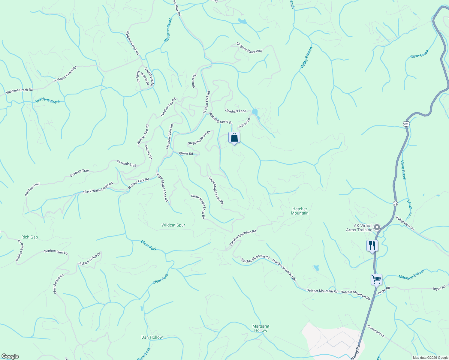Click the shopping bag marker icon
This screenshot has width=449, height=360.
pyautogui.click(x=234, y=138)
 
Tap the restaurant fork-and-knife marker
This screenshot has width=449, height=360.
pyautogui.click(x=372, y=246)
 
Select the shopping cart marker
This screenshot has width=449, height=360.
pyautogui.click(x=376, y=280)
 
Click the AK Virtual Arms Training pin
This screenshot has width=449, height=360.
pyautogui.click(x=378, y=227)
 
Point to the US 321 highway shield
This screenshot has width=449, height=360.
pyautogui.click(x=406, y=124)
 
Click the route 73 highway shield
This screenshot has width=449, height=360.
pyautogui.click(x=396, y=203)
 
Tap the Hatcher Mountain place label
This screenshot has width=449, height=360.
pyautogui.click(x=300, y=211)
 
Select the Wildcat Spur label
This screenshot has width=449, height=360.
pyautogui.click(x=173, y=225)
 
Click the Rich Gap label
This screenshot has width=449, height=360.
pyautogui.click(x=30, y=237)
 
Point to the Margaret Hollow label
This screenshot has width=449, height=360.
pyautogui.click(x=261, y=328)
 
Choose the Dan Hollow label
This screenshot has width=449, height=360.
pyautogui.click(x=152, y=337)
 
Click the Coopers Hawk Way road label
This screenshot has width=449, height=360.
pyautogui.click(x=249, y=48)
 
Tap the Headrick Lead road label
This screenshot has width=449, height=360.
pyautogui.click(x=236, y=111)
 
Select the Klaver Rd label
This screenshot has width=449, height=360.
pyautogui.click(x=186, y=153)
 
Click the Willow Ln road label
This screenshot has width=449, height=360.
pyautogui.click(x=244, y=123)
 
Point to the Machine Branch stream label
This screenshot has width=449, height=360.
pyautogui.click(x=411, y=274)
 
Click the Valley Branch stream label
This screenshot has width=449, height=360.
pyautogui.click(x=306, y=57)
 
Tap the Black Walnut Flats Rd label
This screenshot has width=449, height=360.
pyautogui.click(x=98, y=188)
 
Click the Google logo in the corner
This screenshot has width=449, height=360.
pyautogui.click(x=10, y=356)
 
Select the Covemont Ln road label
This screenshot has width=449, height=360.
pyautogui.click(x=376, y=331)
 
